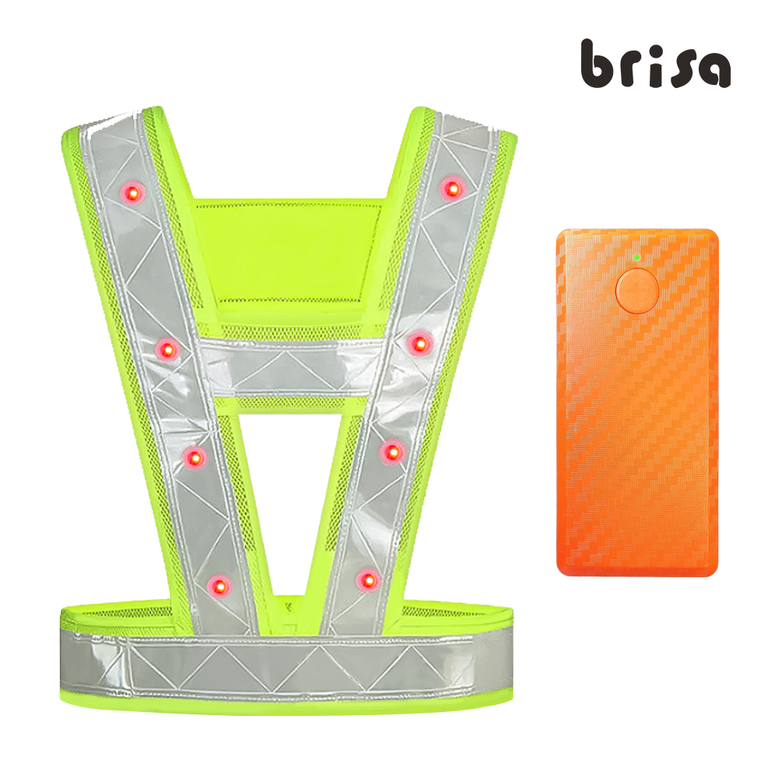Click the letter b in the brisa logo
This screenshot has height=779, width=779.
[596, 64]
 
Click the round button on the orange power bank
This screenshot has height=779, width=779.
[637, 291]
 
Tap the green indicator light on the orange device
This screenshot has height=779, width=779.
[636, 257]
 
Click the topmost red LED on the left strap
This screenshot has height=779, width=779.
[132, 192]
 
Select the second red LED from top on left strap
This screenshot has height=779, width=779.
[168, 350]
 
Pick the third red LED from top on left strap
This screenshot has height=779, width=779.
[195, 457]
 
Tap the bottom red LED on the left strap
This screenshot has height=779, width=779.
[219, 587]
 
